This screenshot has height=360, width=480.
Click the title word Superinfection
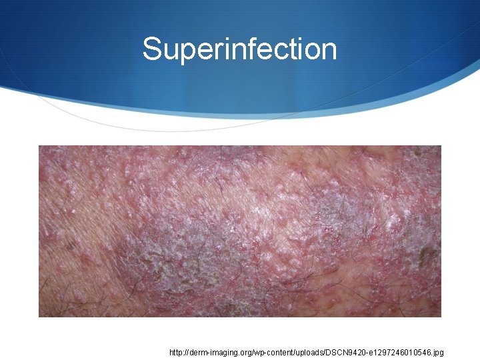pyautogui.click(x=239, y=49)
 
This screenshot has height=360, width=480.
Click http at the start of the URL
pyautogui.click(x=177, y=351)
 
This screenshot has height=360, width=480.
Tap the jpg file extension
pyautogui.click(x=437, y=352)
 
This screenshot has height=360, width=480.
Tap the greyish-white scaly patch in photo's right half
pyautogui.click(x=333, y=213)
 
